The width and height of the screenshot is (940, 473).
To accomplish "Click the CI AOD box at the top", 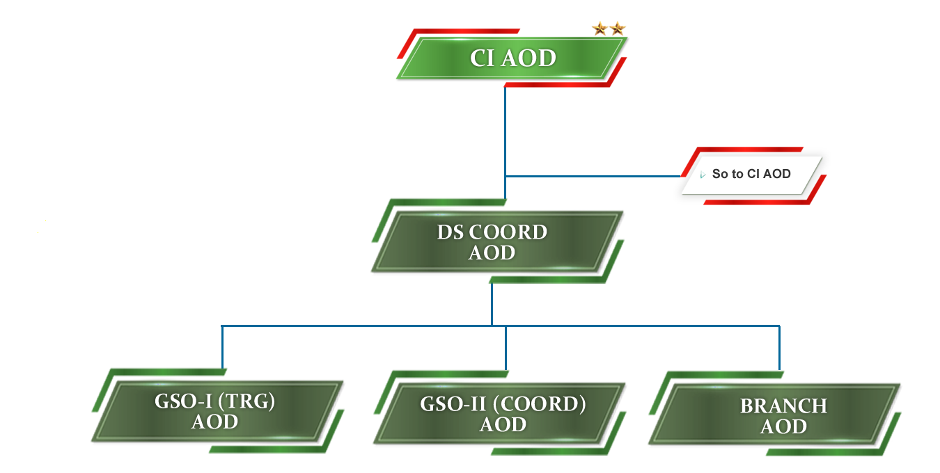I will [x=512, y=58].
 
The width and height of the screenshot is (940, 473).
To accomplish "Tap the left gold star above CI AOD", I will [x=599, y=29].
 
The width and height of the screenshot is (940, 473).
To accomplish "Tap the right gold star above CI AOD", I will [x=618, y=29].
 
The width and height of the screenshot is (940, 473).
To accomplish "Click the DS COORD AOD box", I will [x=493, y=242].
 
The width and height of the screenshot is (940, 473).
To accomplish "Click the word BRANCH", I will [x=783, y=406].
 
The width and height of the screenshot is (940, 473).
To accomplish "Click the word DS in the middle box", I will [x=450, y=232].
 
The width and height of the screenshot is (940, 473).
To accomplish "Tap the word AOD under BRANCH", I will [x=783, y=426].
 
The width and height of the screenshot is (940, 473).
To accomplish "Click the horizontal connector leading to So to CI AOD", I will [x=592, y=176].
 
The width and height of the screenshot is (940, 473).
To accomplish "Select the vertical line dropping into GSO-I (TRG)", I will [x=222, y=346].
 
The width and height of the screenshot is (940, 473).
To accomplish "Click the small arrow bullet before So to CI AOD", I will [x=703, y=175].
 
